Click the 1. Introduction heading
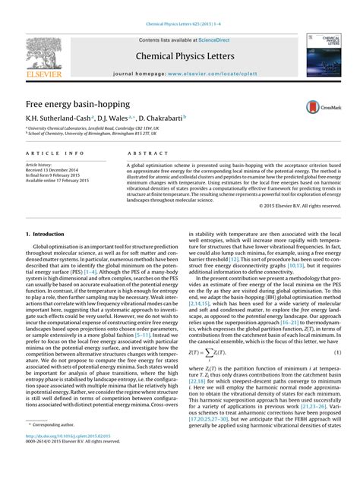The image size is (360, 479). click(x=45, y=235)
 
